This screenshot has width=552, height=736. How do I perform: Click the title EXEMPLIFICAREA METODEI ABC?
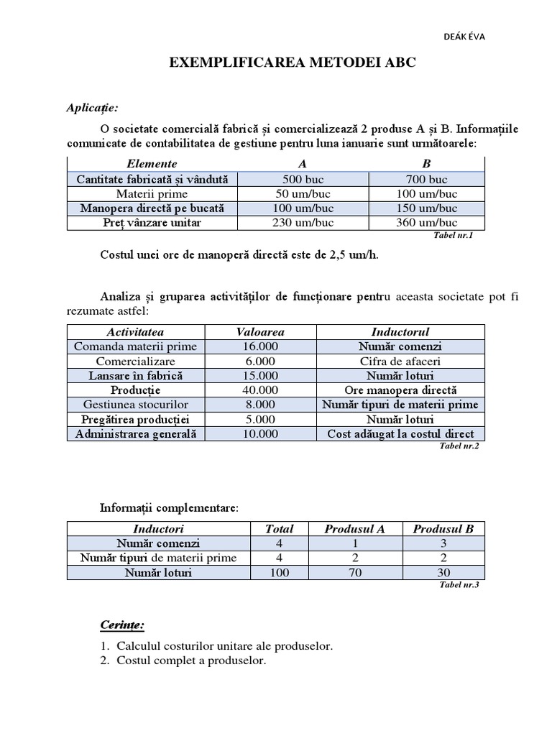[x=293, y=63]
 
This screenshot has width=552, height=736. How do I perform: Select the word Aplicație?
[x=92, y=108]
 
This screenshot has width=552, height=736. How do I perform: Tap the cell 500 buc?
[x=305, y=179]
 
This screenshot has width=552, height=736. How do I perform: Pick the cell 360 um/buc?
[x=426, y=223]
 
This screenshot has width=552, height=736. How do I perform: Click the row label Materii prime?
[x=152, y=194]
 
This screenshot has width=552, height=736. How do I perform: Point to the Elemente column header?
[x=152, y=164]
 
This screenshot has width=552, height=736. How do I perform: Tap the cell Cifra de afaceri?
[x=400, y=362]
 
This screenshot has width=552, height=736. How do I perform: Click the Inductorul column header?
[x=400, y=332]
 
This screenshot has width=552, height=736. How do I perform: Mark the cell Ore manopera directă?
[x=400, y=390]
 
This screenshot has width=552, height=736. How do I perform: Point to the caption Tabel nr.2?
[x=459, y=446]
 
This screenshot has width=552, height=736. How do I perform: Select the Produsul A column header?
[x=354, y=529]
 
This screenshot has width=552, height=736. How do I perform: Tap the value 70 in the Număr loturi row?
[x=354, y=573]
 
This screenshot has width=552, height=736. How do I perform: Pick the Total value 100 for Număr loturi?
[x=279, y=573]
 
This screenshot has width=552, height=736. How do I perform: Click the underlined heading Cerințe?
[x=121, y=625]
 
